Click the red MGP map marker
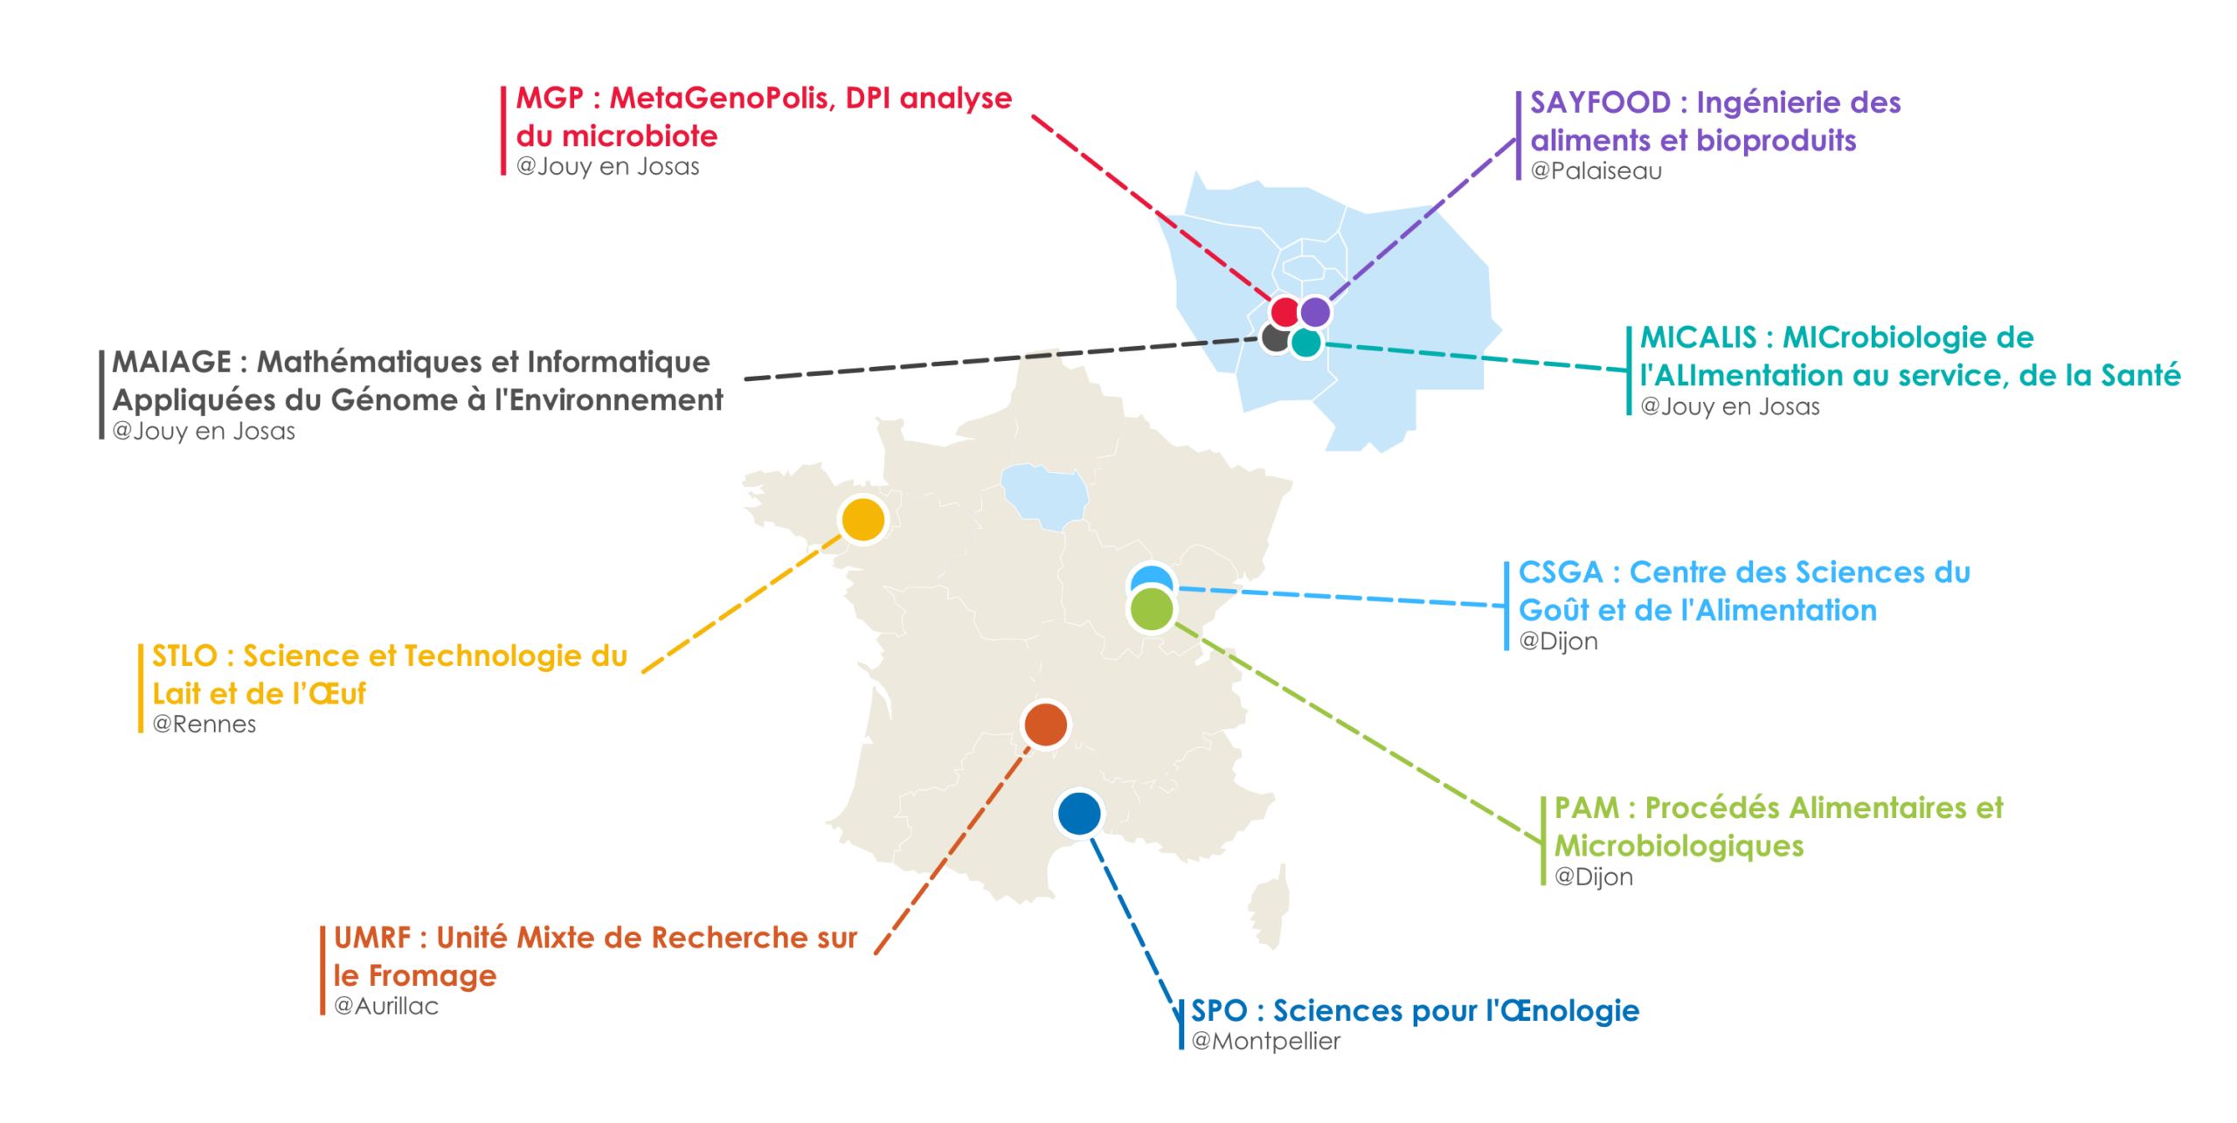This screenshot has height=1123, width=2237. point(1285,311)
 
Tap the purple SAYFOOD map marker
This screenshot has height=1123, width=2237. point(1315,311)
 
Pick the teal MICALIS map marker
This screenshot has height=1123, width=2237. point(1305,343)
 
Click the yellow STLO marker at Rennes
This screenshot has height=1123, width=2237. point(863,519)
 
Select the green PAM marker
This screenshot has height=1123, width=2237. point(1152,609)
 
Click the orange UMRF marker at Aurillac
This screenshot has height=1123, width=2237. point(1046,724)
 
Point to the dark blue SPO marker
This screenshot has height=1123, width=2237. point(1079,814)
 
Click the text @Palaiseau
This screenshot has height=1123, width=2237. point(1596,170)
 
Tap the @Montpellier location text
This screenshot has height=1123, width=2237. point(1265,1041)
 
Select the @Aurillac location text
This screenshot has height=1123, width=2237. point(386,1006)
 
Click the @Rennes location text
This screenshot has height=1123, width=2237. point(204,724)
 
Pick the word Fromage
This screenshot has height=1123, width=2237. point(432,975)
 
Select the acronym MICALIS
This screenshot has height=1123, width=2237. point(1698,337)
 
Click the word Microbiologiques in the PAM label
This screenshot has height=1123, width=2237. point(1679,846)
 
